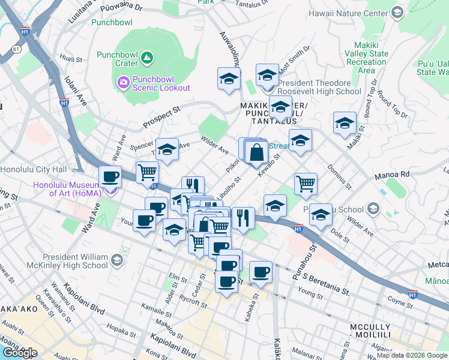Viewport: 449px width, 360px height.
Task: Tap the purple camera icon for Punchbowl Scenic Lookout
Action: (x=124, y=81)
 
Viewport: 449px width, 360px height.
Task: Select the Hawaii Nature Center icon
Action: (x=397, y=12)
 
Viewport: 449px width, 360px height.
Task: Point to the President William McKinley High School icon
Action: (x=116, y=260)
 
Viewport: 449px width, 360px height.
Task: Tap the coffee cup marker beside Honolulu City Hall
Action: (x=110, y=176)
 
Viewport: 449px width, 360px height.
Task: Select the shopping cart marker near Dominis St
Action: (x=306, y=184)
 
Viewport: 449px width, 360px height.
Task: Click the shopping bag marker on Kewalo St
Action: (x=256, y=153)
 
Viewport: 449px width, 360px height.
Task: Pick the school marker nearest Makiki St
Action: (x=345, y=123)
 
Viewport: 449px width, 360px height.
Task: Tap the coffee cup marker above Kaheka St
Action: (x=261, y=272)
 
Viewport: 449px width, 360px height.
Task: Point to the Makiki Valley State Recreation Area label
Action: (x=367, y=62)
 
